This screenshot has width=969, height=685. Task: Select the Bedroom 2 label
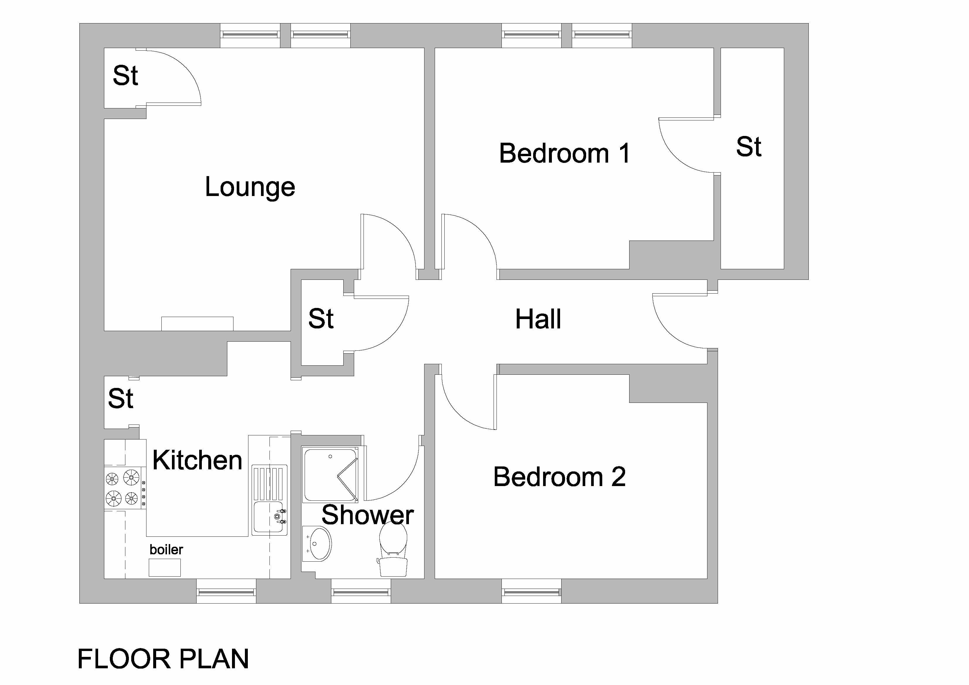pos(559,477)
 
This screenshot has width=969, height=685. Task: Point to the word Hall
pos(538,319)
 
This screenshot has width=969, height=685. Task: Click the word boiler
pos(166,550)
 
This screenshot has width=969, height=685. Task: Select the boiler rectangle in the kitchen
pos(165,568)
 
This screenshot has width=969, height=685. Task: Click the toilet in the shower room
pos(393,549)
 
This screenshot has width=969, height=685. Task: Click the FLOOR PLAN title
pos(163,659)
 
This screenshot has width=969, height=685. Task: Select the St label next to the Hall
pos(321,319)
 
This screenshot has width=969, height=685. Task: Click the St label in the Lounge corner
pos(125,76)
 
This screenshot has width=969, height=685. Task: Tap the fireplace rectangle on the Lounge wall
pos(197,324)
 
